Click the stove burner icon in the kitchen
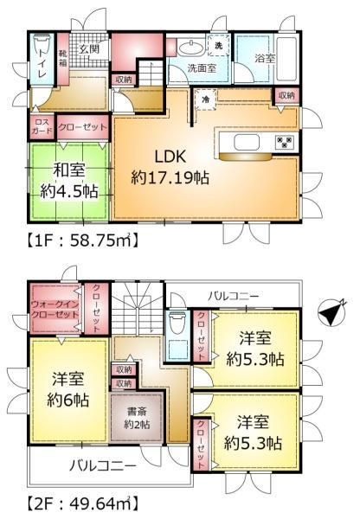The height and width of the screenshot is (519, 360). point(282,143)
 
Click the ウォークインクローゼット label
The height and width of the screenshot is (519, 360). point(54,311)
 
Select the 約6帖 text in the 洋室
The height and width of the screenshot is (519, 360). point(69,400)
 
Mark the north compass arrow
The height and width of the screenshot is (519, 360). point(331,313)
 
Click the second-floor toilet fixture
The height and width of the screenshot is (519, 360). point(177,324)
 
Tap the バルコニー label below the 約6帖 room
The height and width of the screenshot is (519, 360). point(102,465)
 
